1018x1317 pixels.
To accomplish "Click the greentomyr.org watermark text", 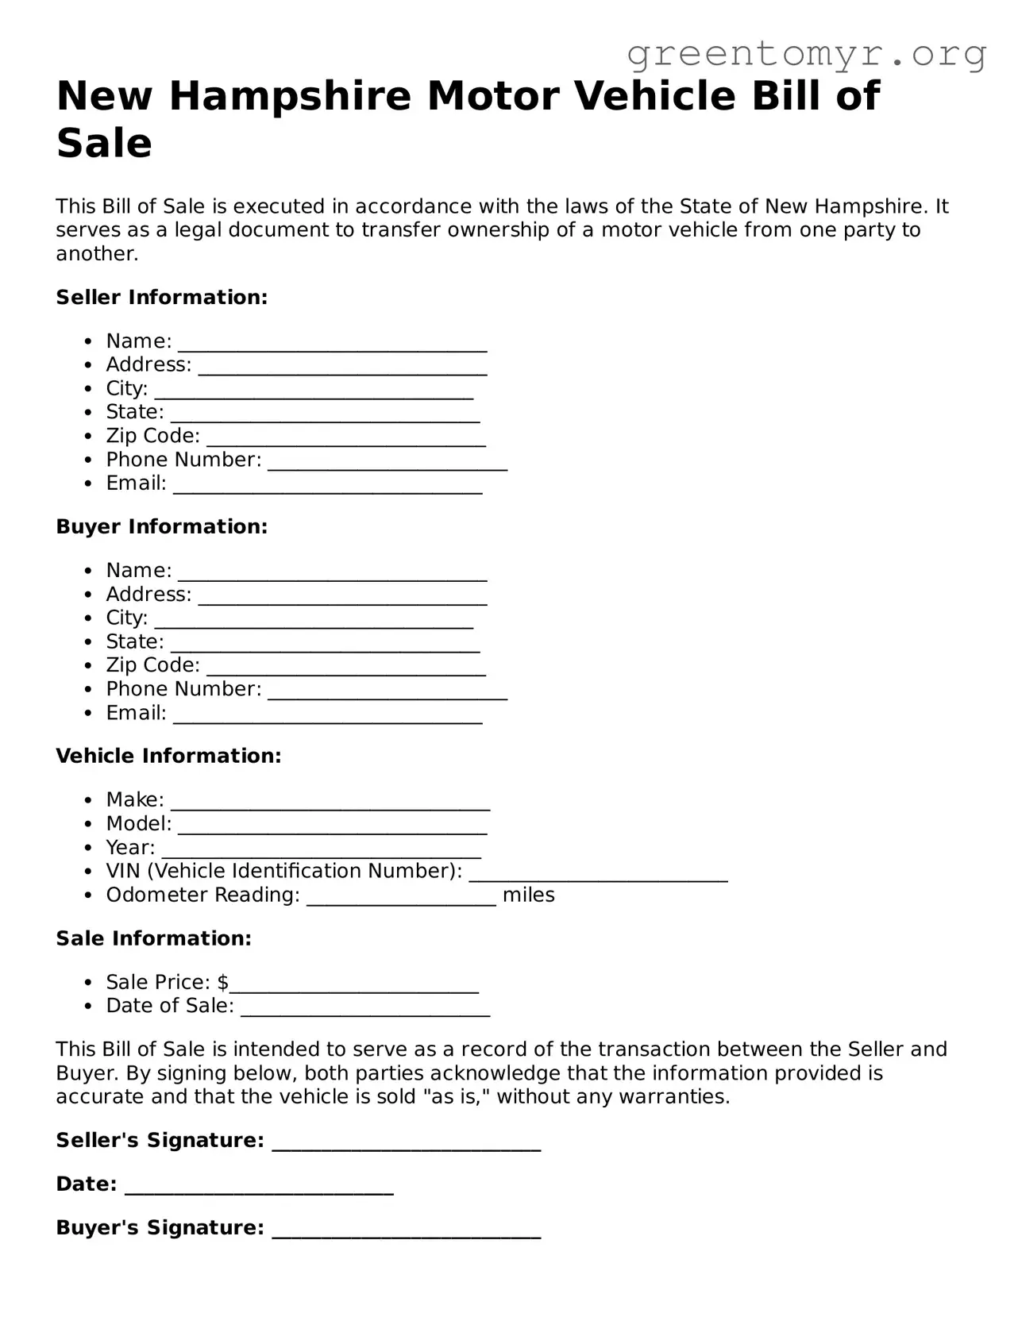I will click(x=806, y=54).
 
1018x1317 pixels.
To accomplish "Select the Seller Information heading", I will click(x=161, y=298).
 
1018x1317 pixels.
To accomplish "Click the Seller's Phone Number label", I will click(x=183, y=460).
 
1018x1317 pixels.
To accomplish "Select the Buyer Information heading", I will click(x=161, y=527).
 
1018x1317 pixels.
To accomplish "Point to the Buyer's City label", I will click(x=126, y=618).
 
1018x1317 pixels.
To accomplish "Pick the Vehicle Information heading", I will click(x=168, y=757).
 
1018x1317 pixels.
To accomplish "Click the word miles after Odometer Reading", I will click(x=528, y=895).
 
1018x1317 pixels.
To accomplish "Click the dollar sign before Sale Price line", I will click(x=223, y=983).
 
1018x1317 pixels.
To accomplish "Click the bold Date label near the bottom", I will click(x=86, y=1184).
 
